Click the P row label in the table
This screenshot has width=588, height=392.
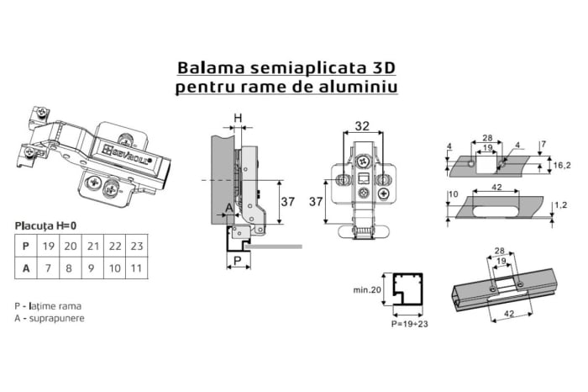[26, 246]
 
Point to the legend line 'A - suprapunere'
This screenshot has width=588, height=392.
[50, 318]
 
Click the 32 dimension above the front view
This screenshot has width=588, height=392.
[361, 127]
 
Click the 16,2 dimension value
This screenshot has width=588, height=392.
[562, 167]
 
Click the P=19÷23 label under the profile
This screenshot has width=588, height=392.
[407, 322]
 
